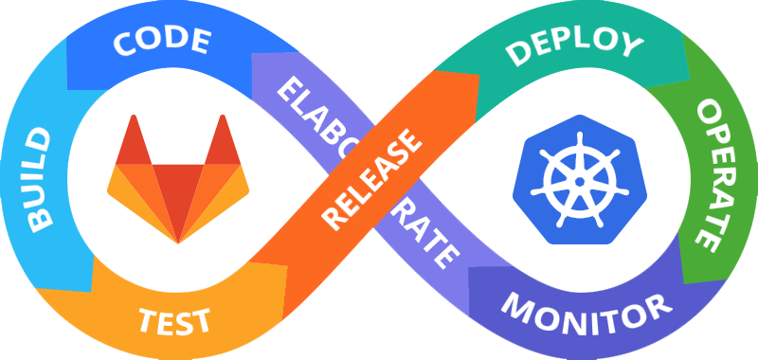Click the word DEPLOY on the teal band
(x=573, y=45)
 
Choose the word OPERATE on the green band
(x=713, y=174)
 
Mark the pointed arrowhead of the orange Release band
(x=470, y=83)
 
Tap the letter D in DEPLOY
(x=515, y=55)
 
